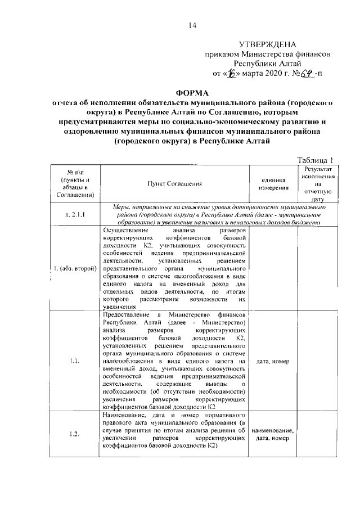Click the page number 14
[x=192, y=25]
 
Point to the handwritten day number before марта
[x=231, y=74]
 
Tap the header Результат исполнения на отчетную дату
[x=318, y=184]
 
